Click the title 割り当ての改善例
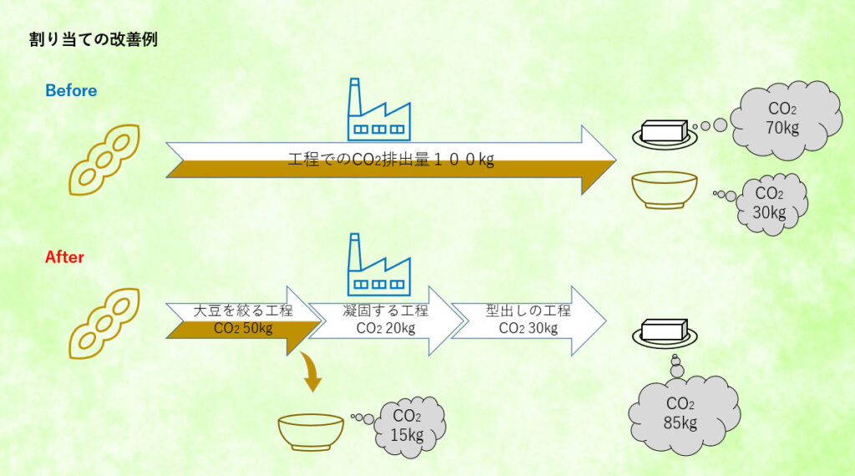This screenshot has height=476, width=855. click(93, 40)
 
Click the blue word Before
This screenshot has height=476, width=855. click(71, 90)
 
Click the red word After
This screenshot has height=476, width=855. click(64, 257)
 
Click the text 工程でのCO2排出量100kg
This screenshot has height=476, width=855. click(391, 160)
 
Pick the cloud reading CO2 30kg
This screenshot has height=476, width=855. click(770, 203)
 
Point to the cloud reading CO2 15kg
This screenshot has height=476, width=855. click(407, 425)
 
